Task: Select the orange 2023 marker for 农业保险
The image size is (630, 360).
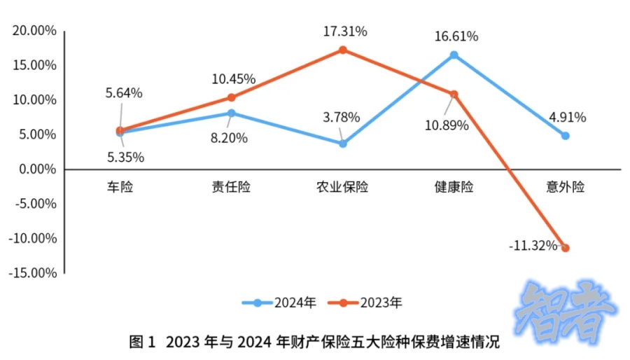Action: point(343,50)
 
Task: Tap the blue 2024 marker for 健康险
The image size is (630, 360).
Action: point(454,55)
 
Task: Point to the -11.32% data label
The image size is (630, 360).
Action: point(533,246)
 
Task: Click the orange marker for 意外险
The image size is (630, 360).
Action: point(565,248)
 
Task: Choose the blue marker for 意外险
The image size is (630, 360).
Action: point(565,135)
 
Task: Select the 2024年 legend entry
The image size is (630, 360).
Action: point(279,303)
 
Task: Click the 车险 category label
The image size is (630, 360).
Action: point(120,187)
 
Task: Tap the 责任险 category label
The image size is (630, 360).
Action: point(231,187)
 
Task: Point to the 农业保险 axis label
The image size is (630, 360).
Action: point(342,187)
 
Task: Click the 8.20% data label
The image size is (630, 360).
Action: point(229,138)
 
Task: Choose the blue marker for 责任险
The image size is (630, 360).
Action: point(232,113)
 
